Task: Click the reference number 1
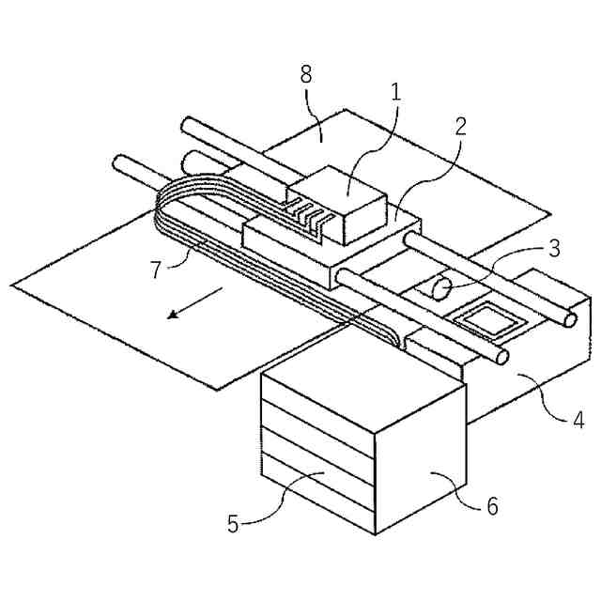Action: pyautogui.click(x=396, y=92)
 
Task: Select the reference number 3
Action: pyautogui.click(x=555, y=249)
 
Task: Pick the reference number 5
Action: pyautogui.click(x=233, y=523)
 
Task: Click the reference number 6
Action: pyautogui.click(x=491, y=506)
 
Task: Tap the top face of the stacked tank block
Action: pyautogui.click(x=362, y=385)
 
